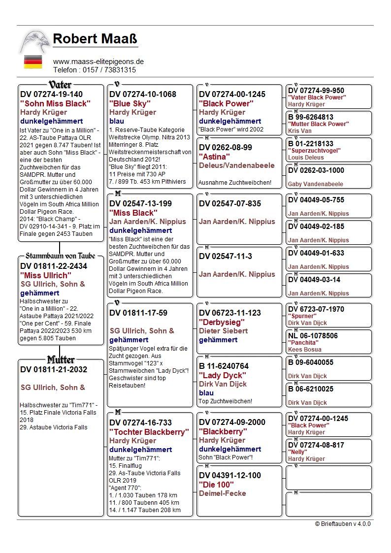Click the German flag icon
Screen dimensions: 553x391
pos(33,62)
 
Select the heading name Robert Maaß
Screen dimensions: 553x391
pos(95,38)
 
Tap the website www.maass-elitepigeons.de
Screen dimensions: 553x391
pos(98,62)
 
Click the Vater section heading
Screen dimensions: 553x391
pos(60,85)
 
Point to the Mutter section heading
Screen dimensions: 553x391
pos(61,359)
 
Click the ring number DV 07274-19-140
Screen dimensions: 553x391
pos(51,94)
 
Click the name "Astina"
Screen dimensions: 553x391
pos(215,157)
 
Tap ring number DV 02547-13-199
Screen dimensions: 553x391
pos(140,203)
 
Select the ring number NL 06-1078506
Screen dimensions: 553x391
pos(313,336)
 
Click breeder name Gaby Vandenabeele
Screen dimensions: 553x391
pos(315,184)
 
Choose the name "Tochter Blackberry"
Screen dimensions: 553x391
pos(149,432)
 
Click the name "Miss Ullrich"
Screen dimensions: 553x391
pos(46,275)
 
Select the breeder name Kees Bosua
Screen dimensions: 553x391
pos(304,350)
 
